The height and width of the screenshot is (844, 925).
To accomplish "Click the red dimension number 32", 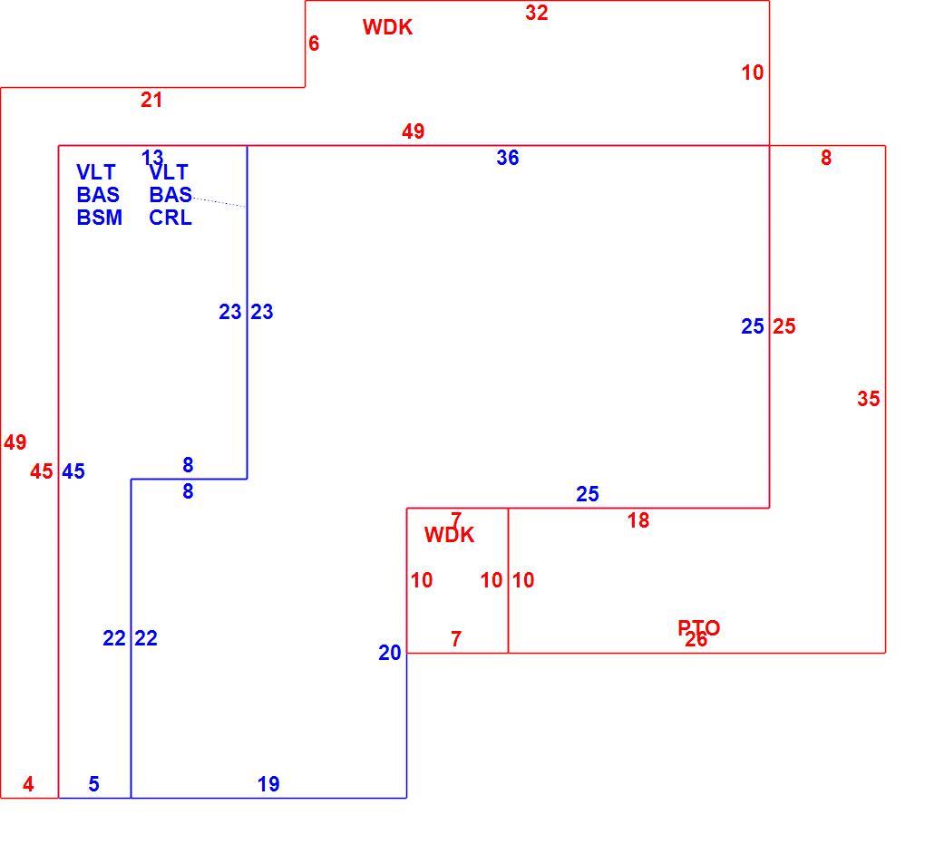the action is tap(536, 13).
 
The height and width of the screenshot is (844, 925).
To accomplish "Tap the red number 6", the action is tap(314, 43).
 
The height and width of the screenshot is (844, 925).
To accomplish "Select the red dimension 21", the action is tap(151, 100).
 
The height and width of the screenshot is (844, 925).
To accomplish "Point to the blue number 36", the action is tap(507, 158).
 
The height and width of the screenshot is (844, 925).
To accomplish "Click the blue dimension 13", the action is tap(152, 158).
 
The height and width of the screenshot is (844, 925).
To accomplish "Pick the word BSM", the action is tap(100, 218).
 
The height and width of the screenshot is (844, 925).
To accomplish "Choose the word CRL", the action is tap(170, 218).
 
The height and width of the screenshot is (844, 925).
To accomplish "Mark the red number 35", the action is tap(869, 399).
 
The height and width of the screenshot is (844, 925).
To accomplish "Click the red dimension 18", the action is tap(638, 520).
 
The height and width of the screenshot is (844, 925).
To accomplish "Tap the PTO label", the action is tap(698, 627).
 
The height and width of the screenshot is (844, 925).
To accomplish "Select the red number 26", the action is tap(696, 640).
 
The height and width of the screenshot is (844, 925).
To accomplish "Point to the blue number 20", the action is tap(389, 653).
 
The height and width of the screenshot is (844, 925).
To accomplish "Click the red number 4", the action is tap(28, 784).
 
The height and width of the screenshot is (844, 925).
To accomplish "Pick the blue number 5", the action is tap(93, 784).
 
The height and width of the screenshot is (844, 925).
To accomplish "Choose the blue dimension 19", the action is tap(268, 784).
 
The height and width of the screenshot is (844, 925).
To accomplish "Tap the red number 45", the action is tap(42, 471).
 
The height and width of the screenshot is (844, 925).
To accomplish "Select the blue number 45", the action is tap(73, 471).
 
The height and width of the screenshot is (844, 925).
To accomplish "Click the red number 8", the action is tap(826, 158).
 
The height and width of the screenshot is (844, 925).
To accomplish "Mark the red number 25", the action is tap(784, 326).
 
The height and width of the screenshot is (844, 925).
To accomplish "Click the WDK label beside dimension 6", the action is tap(387, 27).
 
